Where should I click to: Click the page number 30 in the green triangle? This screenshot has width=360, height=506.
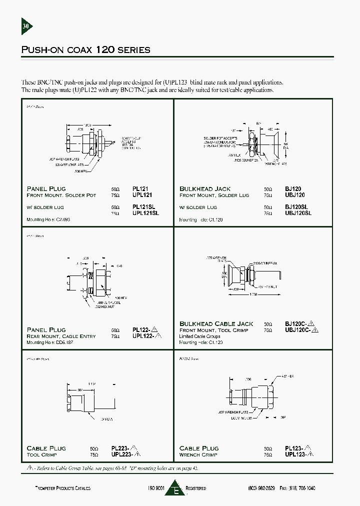[26, 26]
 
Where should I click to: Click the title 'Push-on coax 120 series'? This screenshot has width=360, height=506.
[85, 50]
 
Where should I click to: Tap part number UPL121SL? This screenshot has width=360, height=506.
[145, 213]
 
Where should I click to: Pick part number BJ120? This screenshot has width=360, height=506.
[293, 189]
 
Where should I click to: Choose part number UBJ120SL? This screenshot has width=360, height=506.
[298, 213]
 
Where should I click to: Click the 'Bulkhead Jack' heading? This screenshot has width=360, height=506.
[205, 189]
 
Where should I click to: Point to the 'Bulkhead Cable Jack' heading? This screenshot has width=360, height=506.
[216, 324]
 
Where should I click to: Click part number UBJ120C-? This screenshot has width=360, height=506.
[299, 330]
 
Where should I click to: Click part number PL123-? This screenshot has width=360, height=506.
[295, 448]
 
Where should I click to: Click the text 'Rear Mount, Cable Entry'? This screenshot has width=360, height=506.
[61, 336]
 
